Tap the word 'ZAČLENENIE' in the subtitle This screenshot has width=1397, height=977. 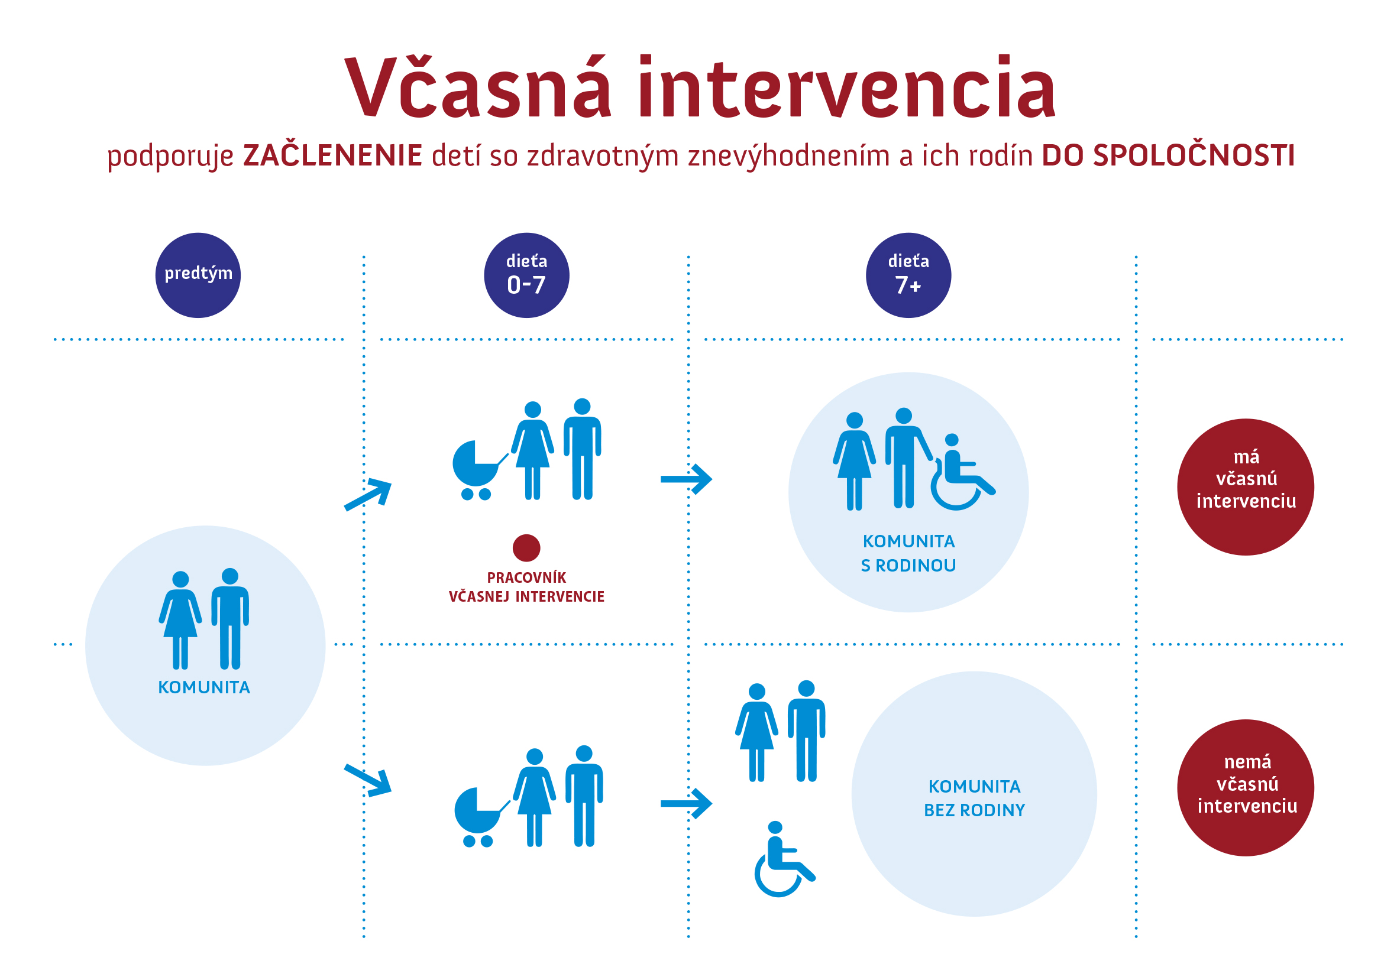[x=332, y=155]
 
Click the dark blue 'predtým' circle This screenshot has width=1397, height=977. [x=198, y=275]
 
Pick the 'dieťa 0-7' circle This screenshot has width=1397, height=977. [x=526, y=275]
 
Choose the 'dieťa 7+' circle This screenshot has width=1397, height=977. [x=908, y=275]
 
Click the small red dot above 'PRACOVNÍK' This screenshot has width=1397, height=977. [x=526, y=548]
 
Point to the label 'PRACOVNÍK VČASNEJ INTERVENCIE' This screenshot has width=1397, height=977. [x=526, y=588]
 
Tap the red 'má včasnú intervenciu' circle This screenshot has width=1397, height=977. [x=1246, y=487]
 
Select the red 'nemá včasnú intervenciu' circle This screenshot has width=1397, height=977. [x=1246, y=788]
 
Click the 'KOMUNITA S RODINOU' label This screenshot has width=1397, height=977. [x=908, y=553]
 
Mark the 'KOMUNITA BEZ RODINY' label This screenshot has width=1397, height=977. [x=974, y=799]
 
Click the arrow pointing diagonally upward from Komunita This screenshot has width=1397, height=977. [x=368, y=494]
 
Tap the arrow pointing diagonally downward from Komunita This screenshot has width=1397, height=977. [x=368, y=780]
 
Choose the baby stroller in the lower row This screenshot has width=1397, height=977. [x=479, y=816]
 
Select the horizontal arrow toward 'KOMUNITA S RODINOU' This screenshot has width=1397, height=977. [x=685, y=479]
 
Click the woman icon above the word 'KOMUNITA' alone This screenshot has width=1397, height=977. [x=180, y=620]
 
